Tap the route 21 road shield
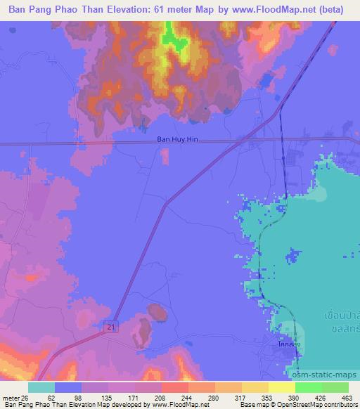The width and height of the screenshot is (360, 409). coord(112,327)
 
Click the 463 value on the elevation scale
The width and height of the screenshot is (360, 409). coord(346,397)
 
